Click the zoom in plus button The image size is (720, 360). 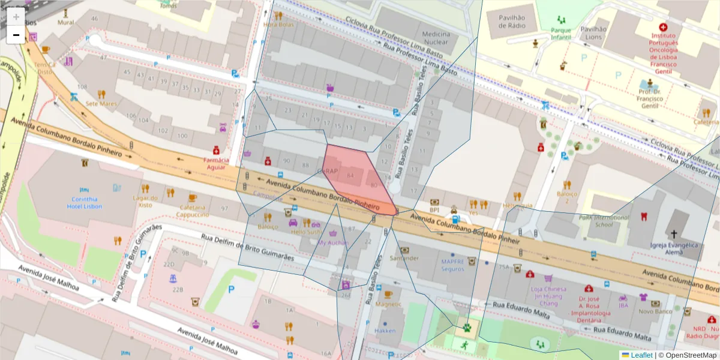point(16,17)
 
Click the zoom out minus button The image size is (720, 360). point(16,35)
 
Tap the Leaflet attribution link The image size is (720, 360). point(641,355)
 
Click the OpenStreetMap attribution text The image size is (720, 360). point(686,355)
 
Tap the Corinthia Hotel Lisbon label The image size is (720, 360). point(85,203)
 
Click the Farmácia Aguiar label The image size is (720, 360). point(216,164)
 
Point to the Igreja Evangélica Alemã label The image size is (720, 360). point(674,248)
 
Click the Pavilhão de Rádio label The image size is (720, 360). point(508,22)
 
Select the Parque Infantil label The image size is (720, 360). point(561,34)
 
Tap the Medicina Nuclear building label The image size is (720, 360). point(436,38)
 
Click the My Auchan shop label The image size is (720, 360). point(332,242)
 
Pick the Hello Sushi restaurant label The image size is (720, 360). point(307,231)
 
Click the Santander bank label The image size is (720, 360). point(404,258)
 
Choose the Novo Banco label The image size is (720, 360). point(654,311)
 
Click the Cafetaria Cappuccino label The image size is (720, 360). point(192,211)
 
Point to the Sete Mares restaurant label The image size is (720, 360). point(101,103)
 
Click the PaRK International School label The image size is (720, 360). point(604,221)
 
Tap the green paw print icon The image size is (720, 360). point(466,328)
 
